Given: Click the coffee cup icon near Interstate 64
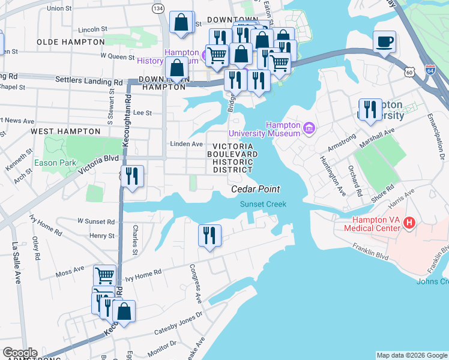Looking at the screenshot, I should [x=384, y=43].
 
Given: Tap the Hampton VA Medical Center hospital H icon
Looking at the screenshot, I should [x=409, y=223].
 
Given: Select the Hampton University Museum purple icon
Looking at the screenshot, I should [x=309, y=127].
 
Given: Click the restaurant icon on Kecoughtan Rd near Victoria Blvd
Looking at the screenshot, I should [x=132, y=176].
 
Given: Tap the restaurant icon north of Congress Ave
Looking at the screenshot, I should [x=209, y=235].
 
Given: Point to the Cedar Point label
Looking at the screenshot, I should [x=256, y=190].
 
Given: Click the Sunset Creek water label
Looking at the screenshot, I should [x=263, y=204].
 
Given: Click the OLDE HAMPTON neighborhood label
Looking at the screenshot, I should [x=71, y=42].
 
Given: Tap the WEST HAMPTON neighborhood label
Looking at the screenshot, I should [x=65, y=131].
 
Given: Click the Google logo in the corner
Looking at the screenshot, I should [x=20, y=353].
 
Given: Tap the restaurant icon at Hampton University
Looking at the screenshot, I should [x=370, y=110].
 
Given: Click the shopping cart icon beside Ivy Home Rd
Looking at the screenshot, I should [x=105, y=276].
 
